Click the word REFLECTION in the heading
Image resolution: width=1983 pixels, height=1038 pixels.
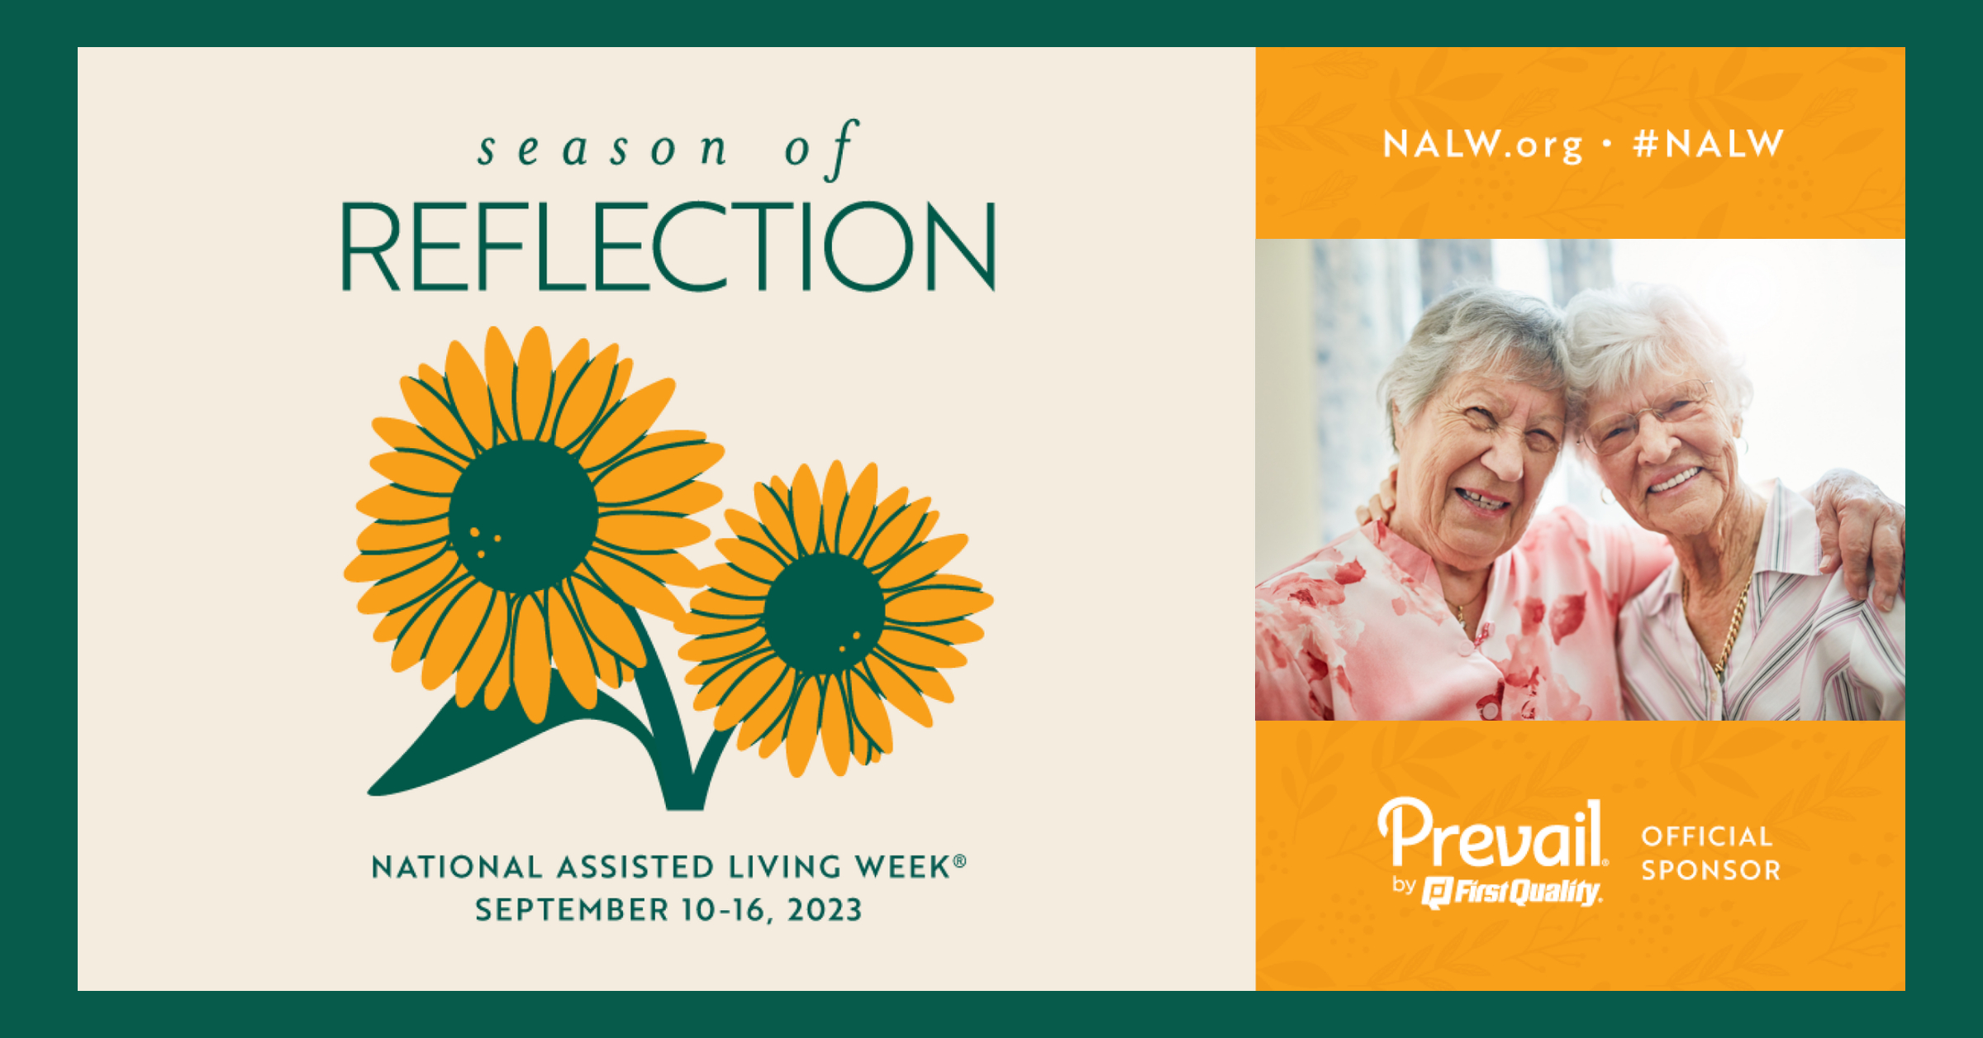[x=668, y=246]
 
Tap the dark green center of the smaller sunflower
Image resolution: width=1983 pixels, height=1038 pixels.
[x=824, y=613]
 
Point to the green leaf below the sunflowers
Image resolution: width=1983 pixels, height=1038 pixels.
[x=496, y=744]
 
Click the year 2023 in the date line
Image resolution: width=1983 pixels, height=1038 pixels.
[x=825, y=910]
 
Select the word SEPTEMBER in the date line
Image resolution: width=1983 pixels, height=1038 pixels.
[x=572, y=910]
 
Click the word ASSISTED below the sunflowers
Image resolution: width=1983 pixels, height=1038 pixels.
[x=635, y=867]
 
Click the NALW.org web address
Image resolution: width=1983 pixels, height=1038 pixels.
[x=1483, y=145]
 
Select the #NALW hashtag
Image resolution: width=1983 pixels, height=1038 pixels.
[x=1709, y=144]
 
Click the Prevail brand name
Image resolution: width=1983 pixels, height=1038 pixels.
[x=1492, y=835]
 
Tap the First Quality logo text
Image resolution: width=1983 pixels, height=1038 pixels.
[x=1512, y=893]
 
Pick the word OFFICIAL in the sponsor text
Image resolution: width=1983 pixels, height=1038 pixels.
[x=1707, y=836]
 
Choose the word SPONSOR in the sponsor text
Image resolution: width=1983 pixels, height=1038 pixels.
[x=1710, y=870]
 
